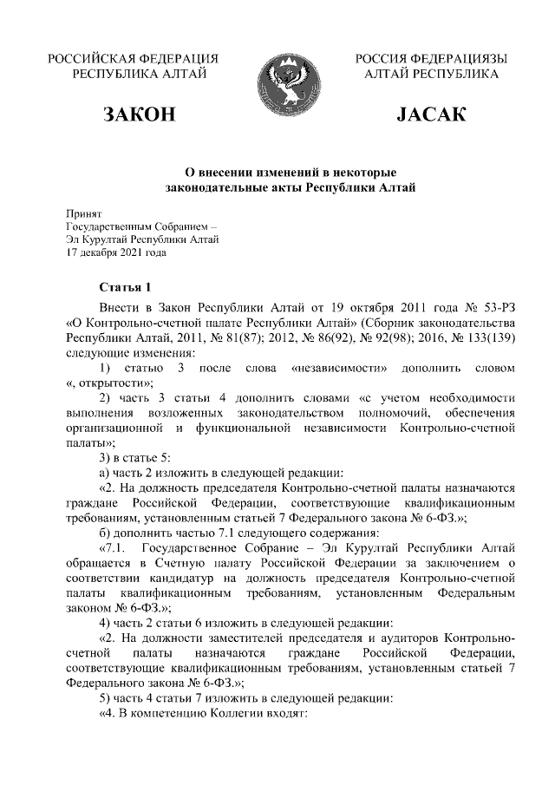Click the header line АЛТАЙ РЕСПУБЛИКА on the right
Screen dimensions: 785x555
click(431, 75)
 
